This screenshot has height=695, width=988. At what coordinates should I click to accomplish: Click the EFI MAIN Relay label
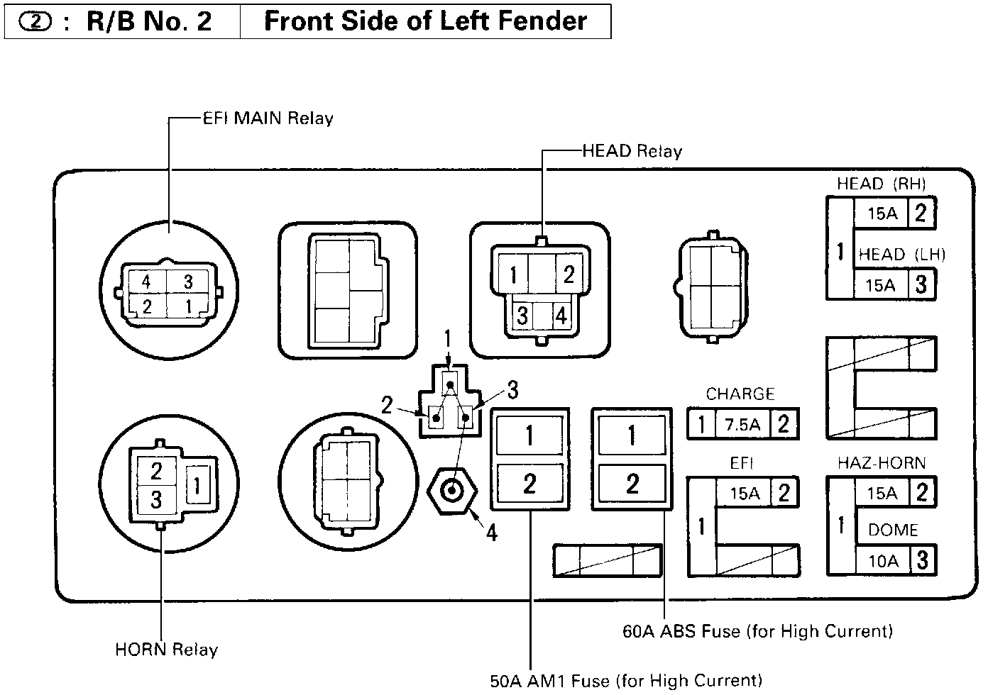[268, 118]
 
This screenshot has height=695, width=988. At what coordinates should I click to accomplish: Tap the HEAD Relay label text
[632, 151]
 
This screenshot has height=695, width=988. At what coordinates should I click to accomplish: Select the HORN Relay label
[166, 650]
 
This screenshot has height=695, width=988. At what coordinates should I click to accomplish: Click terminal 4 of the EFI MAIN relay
[146, 282]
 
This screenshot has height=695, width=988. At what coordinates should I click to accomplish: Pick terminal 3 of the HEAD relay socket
[522, 315]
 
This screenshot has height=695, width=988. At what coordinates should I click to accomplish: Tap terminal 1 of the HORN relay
[197, 486]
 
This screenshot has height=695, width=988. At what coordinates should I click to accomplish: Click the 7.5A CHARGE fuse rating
[742, 424]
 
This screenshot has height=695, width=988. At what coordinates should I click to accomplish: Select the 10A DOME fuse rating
[883, 562]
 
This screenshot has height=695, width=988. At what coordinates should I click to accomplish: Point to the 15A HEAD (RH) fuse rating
[882, 213]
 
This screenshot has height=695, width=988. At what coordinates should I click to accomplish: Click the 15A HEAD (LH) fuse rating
[880, 285]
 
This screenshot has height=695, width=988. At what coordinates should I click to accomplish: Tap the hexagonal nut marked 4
[452, 490]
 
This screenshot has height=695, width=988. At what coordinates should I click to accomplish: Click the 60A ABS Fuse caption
[757, 630]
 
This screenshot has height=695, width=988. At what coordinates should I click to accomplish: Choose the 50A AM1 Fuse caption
[626, 681]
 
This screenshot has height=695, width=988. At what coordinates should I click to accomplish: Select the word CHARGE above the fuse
[740, 394]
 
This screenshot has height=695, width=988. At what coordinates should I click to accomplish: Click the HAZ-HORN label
[882, 463]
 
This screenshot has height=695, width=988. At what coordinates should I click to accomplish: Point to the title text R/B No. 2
[149, 21]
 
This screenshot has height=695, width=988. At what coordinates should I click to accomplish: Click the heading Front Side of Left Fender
[425, 21]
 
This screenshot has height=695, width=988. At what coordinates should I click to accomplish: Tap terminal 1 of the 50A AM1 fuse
[529, 435]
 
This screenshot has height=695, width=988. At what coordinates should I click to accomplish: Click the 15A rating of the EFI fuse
[745, 493]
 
